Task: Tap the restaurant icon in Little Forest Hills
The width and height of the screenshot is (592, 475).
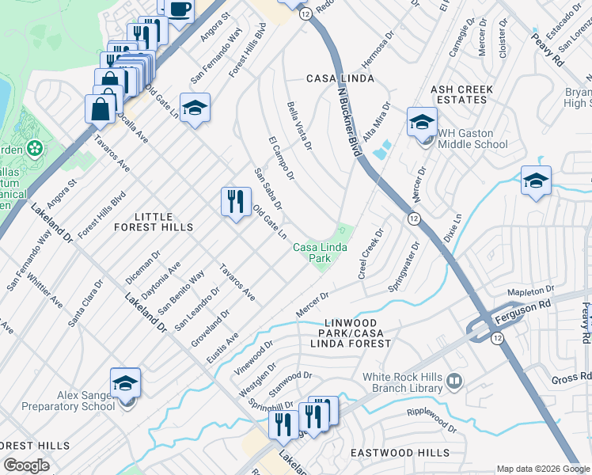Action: (236, 203)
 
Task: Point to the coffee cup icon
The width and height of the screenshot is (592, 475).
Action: (180, 9)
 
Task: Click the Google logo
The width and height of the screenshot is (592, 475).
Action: (26, 465)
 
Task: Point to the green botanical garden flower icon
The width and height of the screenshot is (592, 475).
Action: (35, 148)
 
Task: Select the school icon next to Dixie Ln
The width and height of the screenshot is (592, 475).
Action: (536, 181)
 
